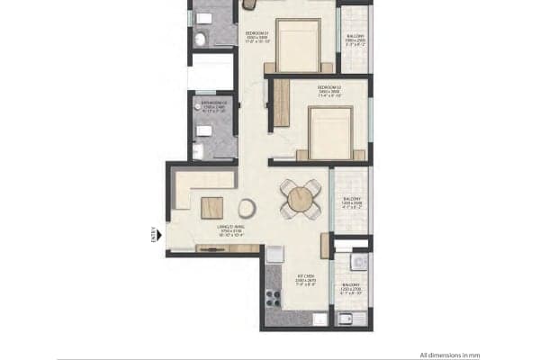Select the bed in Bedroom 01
click(x=298, y=45)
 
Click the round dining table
click(x=300, y=199)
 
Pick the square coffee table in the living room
click(x=212, y=206)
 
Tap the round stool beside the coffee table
click(x=247, y=209)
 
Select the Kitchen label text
click(x=305, y=277)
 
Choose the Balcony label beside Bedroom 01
click(x=353, y=39)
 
